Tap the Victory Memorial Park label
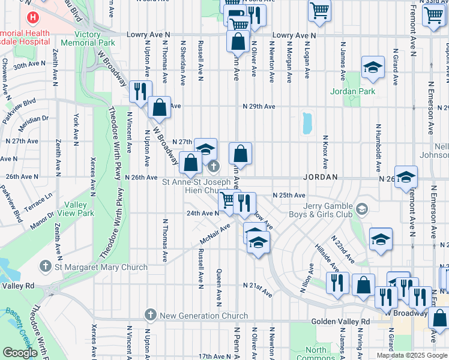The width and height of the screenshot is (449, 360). click(x=80, y=39)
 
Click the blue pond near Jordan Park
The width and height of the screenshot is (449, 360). click(x=308, y=123)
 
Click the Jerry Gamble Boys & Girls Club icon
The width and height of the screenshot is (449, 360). click(x=361, y=209)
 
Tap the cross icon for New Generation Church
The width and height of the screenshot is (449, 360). click(x=150, y=315)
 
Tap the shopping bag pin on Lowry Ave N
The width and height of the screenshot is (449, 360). click(x=238, y=41)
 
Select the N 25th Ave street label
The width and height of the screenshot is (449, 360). click(x=289, y=195)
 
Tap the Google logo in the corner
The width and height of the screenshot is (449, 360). click(x=20, y=353)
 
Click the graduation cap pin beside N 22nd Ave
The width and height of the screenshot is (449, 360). click(x=380, y=239)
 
